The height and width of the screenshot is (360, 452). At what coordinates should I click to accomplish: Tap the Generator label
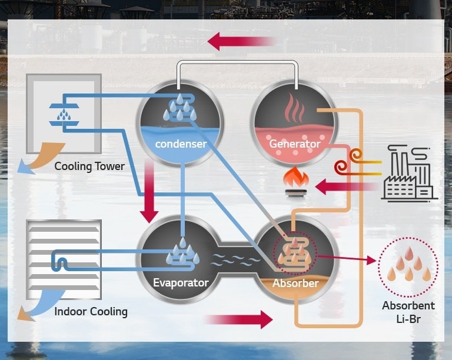click(x=294, y=144)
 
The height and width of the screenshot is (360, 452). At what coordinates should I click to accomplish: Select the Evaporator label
click(x=181, y=282)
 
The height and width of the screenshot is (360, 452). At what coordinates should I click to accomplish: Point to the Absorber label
click(x=295, y=283)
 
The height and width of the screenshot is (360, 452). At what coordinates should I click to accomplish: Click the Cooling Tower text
click(x=89, y=166)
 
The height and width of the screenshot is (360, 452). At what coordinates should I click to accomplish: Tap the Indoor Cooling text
click(x=91, y=311)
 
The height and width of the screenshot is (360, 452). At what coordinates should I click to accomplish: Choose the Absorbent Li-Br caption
click(x=408, y=312)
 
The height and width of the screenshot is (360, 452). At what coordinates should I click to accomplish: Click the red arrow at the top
click(x=241, y=41)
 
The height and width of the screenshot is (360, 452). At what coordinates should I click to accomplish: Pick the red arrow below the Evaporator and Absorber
click(x=238, y=319)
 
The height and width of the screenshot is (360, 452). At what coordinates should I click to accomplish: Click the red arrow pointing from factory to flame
click(x=344, y=188)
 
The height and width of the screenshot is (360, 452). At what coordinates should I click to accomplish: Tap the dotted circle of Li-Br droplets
click(x=407, y=268)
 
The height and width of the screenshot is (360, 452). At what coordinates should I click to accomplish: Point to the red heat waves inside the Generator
click(x=294, y=109)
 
